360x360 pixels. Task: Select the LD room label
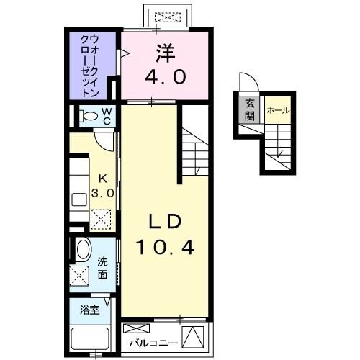pyautogui.click(x=164, y=220)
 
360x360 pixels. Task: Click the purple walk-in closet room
pyautogui.click(x=91, y=65)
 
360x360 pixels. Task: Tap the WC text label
pyautogui.click(x=106, y=115)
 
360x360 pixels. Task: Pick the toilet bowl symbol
pyautogui.click(x=88, y=115)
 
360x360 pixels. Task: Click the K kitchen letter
pyautogui.click(x=103, y=178)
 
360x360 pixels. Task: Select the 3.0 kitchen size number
pyautogui.click(x=102, y=192)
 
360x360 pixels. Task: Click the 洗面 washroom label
pyautogui.click(x=103, y=268)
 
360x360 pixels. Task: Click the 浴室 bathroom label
pyautogui.click(x=90, y=311)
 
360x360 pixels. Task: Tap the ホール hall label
pyautogui.click(x=277, y=110)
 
